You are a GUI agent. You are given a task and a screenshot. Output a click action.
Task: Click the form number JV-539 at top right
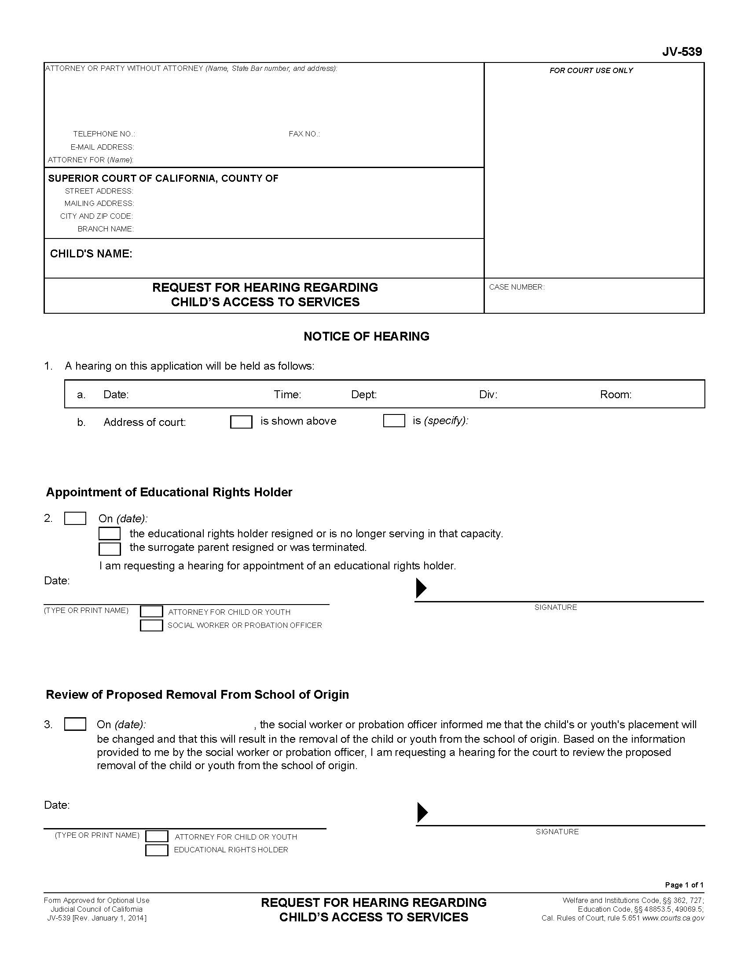682,52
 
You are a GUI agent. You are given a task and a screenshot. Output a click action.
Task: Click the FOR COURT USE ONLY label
590,70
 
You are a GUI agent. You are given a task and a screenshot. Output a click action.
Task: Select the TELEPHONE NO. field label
104,134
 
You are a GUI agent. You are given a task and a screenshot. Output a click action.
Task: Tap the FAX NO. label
304,134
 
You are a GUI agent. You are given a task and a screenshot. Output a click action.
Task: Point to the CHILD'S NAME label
91,253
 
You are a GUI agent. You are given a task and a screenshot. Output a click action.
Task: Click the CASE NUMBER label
516,287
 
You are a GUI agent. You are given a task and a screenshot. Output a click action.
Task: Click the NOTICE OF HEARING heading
366,337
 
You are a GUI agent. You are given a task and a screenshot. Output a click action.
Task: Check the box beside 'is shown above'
241,422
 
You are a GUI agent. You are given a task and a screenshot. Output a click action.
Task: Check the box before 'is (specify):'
394,421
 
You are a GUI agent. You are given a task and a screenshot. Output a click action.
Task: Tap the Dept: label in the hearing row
364,395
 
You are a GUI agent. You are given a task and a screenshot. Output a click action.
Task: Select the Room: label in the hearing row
616,395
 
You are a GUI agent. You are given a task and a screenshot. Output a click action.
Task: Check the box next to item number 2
75,518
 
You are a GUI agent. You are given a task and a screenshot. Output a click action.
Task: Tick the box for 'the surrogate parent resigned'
110,549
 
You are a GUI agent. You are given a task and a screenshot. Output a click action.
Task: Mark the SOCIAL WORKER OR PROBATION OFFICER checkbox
151,625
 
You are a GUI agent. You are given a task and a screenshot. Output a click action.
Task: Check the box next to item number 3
75,724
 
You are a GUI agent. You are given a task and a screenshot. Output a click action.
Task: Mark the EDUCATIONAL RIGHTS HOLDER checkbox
157,850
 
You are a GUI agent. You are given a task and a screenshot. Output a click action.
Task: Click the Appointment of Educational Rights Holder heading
169,492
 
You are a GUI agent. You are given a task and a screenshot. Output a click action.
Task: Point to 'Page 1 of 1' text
684,885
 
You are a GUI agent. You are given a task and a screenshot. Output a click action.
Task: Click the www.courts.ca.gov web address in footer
673,918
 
